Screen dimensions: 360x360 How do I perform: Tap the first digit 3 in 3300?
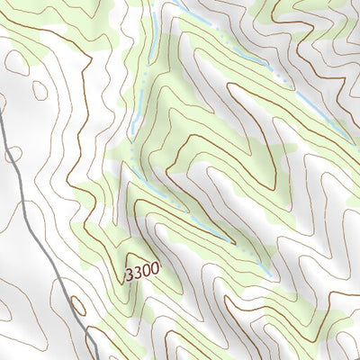(130, 272)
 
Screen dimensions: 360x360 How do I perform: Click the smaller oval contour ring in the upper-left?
(39, 90)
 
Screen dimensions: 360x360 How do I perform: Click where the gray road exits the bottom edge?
(96, 358)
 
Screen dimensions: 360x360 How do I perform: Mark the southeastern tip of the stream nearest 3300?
(269, 274)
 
